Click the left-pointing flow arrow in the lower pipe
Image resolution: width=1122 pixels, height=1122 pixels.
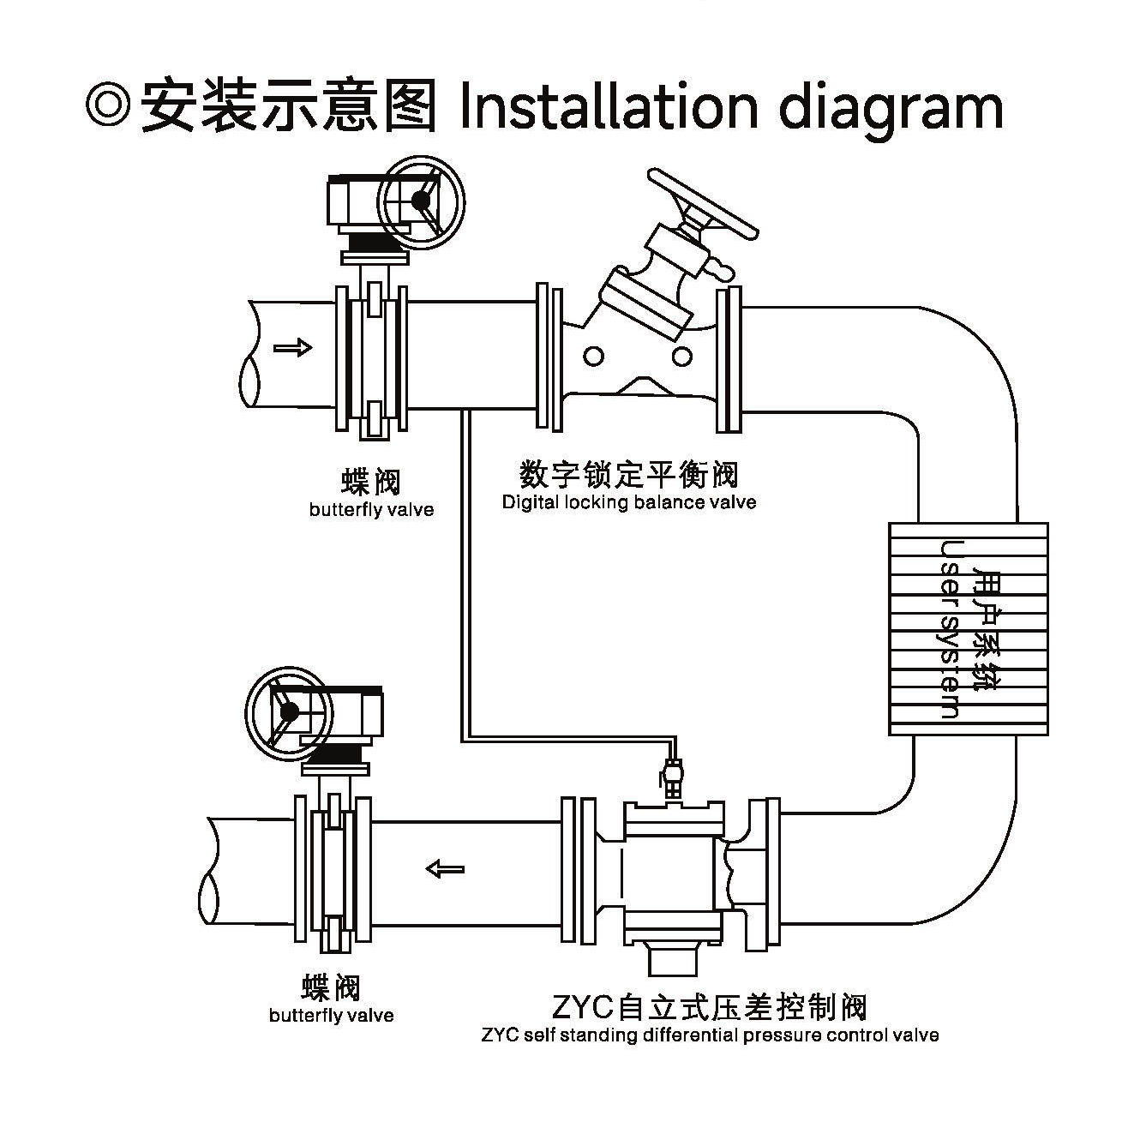click(445, 869)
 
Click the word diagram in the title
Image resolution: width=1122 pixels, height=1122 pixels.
click(891, 108)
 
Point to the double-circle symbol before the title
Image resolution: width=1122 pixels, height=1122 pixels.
click(107, 105)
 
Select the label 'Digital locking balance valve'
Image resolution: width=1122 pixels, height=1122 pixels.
click(629, 502)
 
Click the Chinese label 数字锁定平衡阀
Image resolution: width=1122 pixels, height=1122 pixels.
click(629, 474)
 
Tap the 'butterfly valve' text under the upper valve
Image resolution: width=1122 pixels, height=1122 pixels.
click(371, 510)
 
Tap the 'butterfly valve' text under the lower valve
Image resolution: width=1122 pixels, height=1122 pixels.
click(331, 1016)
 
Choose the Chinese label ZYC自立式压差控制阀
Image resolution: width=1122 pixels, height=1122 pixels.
click(710, 1006)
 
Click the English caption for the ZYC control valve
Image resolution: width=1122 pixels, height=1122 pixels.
click(710, 1035)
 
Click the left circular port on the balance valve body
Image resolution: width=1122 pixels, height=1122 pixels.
click(594, 355)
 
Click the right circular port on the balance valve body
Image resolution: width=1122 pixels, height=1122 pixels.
click(682, 355)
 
